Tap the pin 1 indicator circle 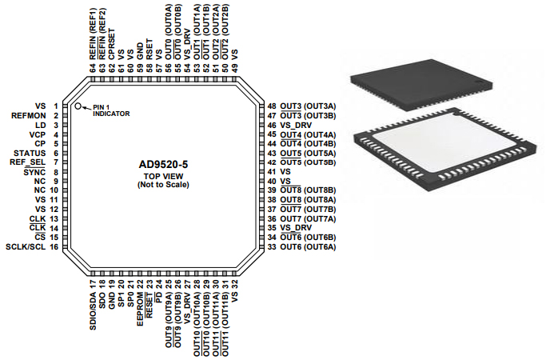(x=78, y=106)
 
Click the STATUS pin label (x=30, y=153)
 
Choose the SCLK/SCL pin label (x=26, y=247)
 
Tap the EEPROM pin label (x=140, y=302)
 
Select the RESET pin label (x=149, y=299)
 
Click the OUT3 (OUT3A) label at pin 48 (x=308, y=106)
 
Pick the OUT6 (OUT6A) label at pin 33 (x=308, y=247)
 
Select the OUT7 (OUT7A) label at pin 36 (x=308, y=219)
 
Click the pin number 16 (x=54, y=247)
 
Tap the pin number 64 (x=93, y=68)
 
